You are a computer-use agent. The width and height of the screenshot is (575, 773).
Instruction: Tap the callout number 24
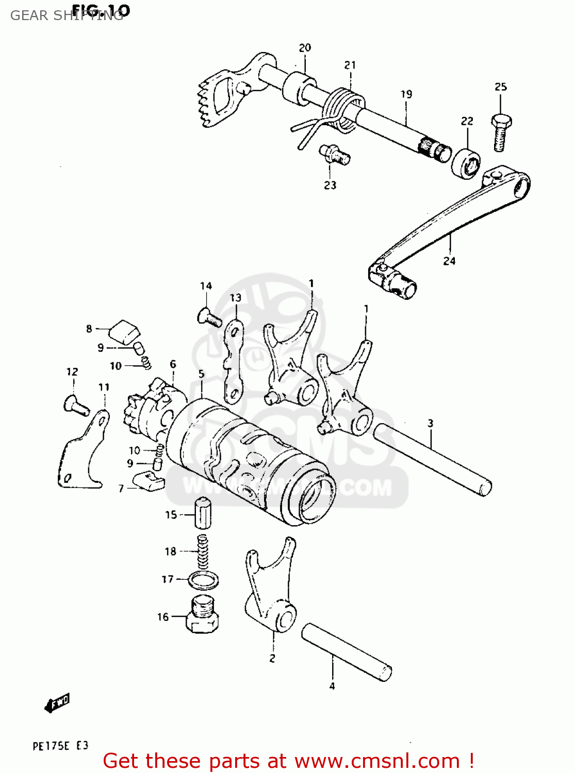[x=449, y=261]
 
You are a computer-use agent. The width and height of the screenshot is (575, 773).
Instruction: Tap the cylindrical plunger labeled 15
[x=203, y=513]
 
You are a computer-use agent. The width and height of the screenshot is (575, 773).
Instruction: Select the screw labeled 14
[x=209, y=316]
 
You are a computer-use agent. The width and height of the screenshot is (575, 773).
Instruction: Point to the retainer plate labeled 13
[x=234, y=361]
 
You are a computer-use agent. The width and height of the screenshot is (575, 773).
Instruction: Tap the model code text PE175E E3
[x=60, y=746]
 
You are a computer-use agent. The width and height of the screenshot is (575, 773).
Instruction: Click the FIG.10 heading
[x=101, y=10]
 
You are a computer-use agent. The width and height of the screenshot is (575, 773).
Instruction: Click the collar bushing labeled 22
[x=466, y=163]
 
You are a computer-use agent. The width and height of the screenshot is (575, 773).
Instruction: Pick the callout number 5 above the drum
[x=201, y=374]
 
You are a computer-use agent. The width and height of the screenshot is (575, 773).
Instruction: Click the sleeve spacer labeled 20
[x=299, y=88]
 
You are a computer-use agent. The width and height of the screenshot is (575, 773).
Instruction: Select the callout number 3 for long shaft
[x=430, y=424]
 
